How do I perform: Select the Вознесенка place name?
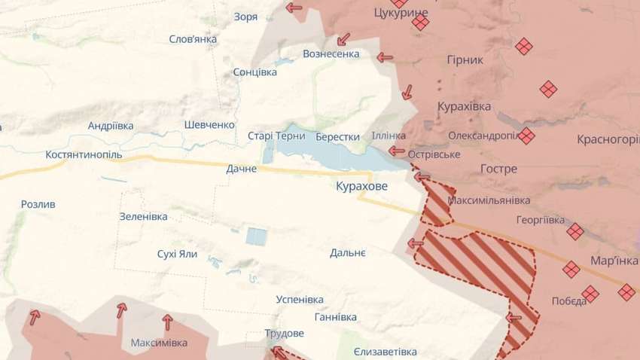pos(331,54)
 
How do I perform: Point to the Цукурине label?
pos(401,13)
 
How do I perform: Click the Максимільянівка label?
pos(489,200)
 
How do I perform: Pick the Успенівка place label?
pos(300,299)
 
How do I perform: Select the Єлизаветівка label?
pos(385,352)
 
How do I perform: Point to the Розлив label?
pos(38,204)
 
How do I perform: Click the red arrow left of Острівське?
pos(397,151)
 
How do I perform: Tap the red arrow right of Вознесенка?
pos(385,56)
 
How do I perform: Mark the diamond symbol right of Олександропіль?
pos(526,136)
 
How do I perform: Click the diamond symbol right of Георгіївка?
pos(575,231)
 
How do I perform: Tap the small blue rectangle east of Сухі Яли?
pos(256,236)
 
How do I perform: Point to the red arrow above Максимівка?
pos(167,322)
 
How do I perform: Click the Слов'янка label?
pos(193,39)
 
